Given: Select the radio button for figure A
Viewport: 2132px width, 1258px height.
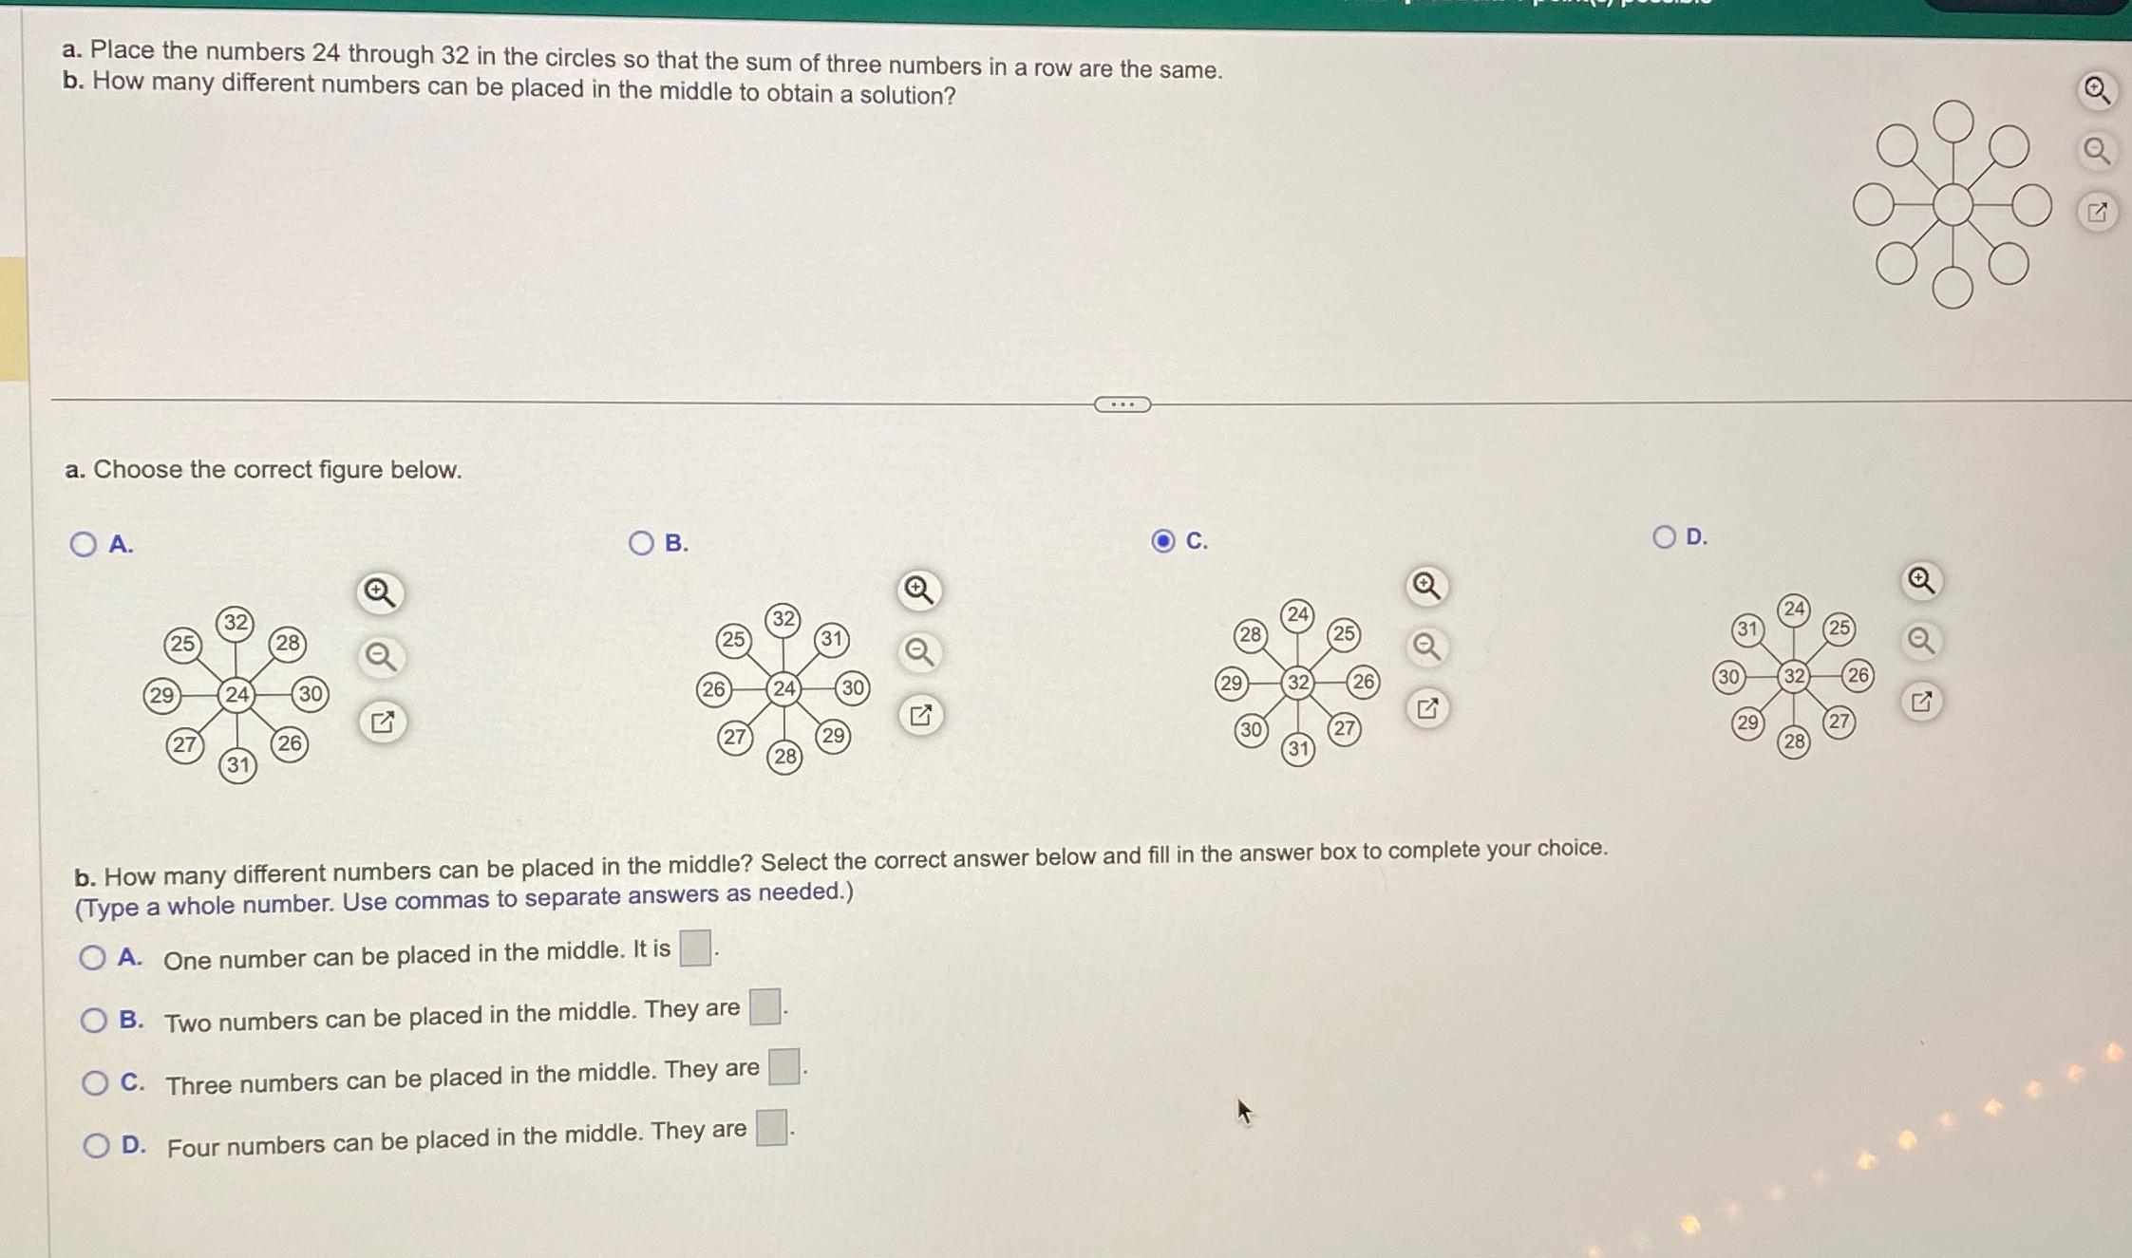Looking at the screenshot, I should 84,544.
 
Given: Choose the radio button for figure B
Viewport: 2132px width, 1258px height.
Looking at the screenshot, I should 641,542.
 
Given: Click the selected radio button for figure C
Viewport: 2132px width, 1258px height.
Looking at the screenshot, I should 1163,541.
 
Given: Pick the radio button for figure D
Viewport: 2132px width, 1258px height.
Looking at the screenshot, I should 1664,537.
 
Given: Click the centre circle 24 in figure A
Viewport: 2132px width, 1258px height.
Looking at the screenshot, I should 236,695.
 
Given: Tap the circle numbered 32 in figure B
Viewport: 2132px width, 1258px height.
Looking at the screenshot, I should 783,619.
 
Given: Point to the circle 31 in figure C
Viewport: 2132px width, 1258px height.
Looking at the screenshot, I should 1298,749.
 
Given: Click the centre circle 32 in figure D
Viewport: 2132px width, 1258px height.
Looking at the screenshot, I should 1793,676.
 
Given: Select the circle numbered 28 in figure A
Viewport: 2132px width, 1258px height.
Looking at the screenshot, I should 287,644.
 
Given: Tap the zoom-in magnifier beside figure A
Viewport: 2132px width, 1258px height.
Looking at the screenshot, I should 380,592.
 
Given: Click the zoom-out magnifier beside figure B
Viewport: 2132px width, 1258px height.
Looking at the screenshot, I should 918,652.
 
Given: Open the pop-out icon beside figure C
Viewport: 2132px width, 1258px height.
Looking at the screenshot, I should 1426,708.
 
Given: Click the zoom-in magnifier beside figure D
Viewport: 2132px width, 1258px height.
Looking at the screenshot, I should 1920,580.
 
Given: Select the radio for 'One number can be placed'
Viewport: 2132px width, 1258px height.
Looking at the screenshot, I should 92,957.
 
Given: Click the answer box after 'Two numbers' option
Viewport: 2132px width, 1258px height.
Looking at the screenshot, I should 764,1006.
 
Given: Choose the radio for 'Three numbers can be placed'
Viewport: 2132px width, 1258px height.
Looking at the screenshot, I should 94,1082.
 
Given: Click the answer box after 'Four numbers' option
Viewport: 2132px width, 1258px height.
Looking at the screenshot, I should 771,1128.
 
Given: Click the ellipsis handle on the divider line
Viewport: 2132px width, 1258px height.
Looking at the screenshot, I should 1122,405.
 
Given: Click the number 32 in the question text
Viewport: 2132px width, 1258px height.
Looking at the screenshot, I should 455,56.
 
